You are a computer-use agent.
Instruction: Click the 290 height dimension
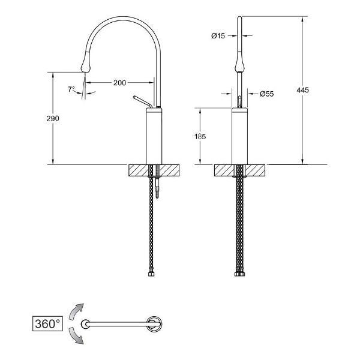pos(53,118)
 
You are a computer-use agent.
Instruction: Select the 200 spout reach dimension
pos(119,82)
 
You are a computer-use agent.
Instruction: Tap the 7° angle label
pos(71,89)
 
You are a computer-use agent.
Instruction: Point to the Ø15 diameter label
pos(218,35)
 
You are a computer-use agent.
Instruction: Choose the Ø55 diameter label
pos(267,94)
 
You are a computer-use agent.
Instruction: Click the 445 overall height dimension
pos(302,90)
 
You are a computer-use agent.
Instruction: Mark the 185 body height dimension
pos(200,136)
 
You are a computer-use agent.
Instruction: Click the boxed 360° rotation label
pos(47,324)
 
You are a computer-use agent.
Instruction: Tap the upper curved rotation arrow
pos(76,311)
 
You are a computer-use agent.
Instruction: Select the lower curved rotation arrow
pos(76,336)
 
